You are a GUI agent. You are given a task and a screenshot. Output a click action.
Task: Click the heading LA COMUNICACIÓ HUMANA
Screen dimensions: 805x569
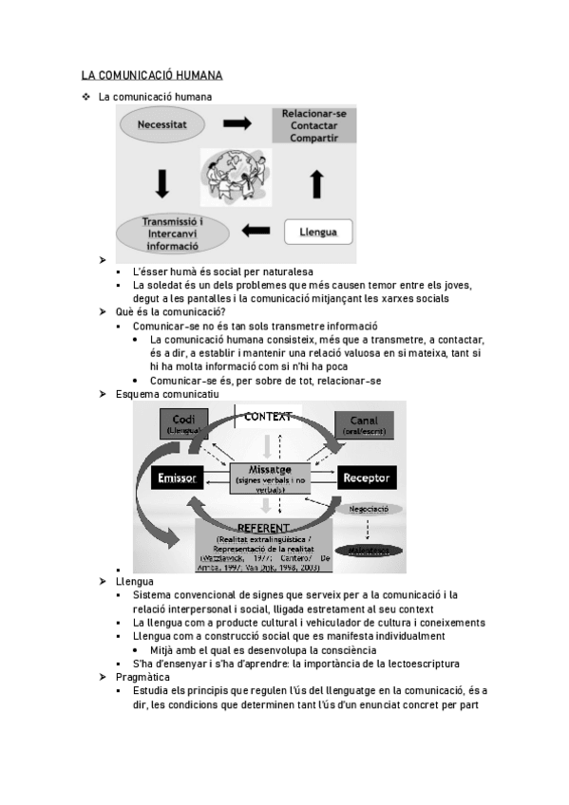(x=151, y=75)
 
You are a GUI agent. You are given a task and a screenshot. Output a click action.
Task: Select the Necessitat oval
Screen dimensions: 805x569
(x=161, y=124)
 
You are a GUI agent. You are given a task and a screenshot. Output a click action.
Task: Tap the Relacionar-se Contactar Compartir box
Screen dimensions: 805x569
(x=313, y=125)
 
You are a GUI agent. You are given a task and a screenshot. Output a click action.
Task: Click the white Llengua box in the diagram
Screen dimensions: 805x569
(x=318, y=231)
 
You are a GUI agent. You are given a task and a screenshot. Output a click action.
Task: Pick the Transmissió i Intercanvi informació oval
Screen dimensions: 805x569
(x=172, y=234)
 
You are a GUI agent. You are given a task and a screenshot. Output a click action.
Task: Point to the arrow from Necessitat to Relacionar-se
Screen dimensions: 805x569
(x=237, y=123)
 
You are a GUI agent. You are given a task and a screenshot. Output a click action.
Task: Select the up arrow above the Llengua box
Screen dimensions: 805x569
(x=317, y=178)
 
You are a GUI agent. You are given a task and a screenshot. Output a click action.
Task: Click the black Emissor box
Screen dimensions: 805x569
(x=177, y=477)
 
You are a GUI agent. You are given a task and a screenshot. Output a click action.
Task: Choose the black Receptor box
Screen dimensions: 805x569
(x=367, y=477)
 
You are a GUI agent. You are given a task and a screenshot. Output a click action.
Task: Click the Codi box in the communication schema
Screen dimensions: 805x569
(x=191, y=424)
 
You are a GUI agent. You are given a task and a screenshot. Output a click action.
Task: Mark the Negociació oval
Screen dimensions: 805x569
(x=369, y=509)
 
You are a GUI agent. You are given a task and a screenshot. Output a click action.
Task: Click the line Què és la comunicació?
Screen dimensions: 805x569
(x=169, y=311)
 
